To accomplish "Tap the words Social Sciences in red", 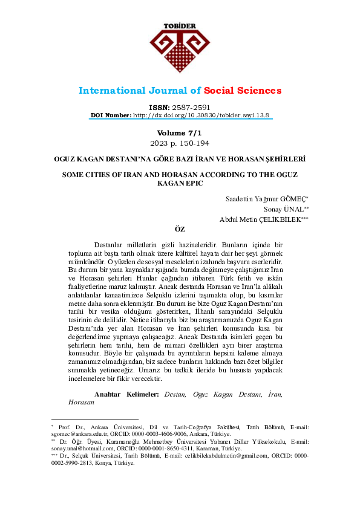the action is pyautogui.click(x=243, y=91).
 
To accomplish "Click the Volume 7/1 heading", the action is pyautogui.click(x=179, y=132).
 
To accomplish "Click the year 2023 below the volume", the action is pyautogui.click(x=159, y=143).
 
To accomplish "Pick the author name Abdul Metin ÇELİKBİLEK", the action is pyautogui.click(x=263, y=219).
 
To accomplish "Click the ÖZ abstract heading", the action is pyautogui.click(x=179, y=230).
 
